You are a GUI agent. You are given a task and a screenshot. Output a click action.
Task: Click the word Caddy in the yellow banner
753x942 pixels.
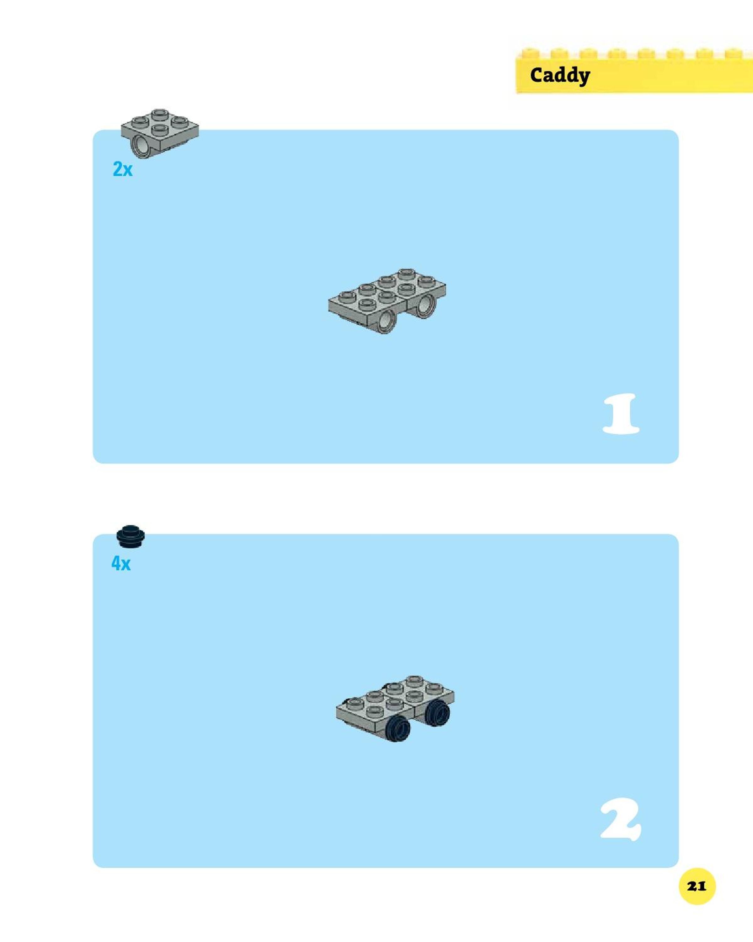coord(560,76)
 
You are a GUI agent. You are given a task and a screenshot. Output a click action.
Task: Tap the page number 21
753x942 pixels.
coord(697,886)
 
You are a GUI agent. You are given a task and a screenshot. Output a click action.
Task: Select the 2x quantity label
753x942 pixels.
coord(122,169)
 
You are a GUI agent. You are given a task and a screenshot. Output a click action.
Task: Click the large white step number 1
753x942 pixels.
coord(621,413)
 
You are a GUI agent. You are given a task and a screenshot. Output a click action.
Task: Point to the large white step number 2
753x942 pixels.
coord(621,819)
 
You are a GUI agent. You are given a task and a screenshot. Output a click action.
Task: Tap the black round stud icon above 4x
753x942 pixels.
coord(130,536)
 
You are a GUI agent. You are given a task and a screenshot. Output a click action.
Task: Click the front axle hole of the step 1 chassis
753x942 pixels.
coord(385,322)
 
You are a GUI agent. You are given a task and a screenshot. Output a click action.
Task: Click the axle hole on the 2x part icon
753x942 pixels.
coord(141,146)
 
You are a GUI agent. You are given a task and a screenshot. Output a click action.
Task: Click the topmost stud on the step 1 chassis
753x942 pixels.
coord(406,274)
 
